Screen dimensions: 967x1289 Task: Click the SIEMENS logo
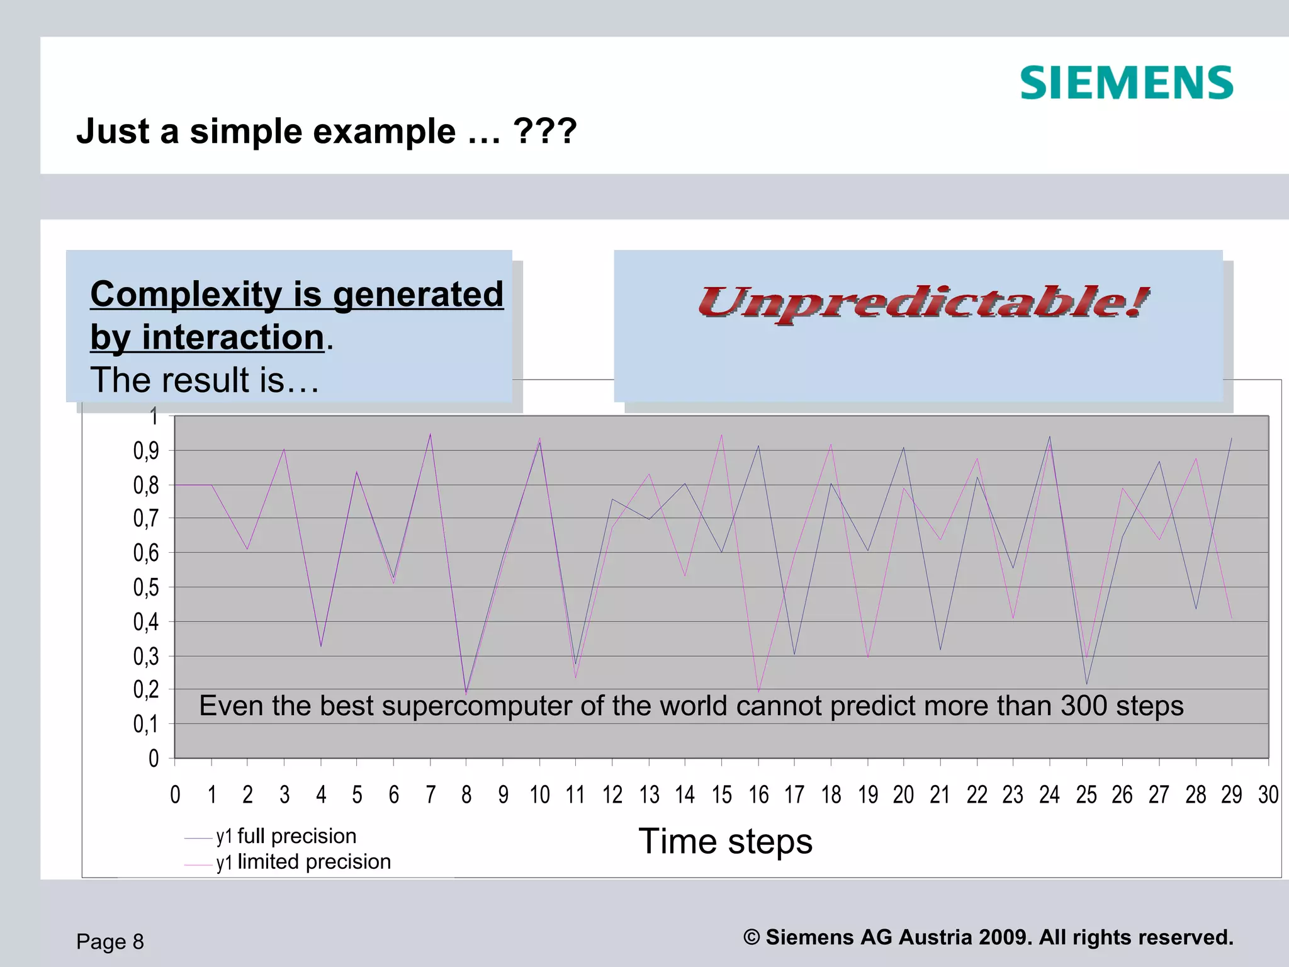click(x=1126, y=83)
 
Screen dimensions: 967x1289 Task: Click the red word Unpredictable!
click(x=923, y=303)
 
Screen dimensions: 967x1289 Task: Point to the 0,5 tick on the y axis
click(x=145, y=587)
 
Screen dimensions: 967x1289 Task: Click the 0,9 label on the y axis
click(x=145, y=451)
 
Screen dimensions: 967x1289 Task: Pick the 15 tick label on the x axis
click(x=722, y=795)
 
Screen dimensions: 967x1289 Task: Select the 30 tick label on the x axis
click(x=1268, y=795)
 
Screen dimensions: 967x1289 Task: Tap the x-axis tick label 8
click(x=466, y=795)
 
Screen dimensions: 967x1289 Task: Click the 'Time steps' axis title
click(x=725, y=842)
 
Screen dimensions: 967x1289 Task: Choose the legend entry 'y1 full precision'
click(x=286, y=837)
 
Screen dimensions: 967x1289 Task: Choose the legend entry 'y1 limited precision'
click(x=303, y=862)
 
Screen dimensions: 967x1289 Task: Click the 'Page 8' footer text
click(x=110, y=942)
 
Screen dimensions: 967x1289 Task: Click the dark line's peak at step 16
click(x=758, y=446)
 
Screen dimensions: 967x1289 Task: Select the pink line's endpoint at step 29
click(x=1232, y=618)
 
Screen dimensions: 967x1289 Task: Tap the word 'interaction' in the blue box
click(x=232, y=337)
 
